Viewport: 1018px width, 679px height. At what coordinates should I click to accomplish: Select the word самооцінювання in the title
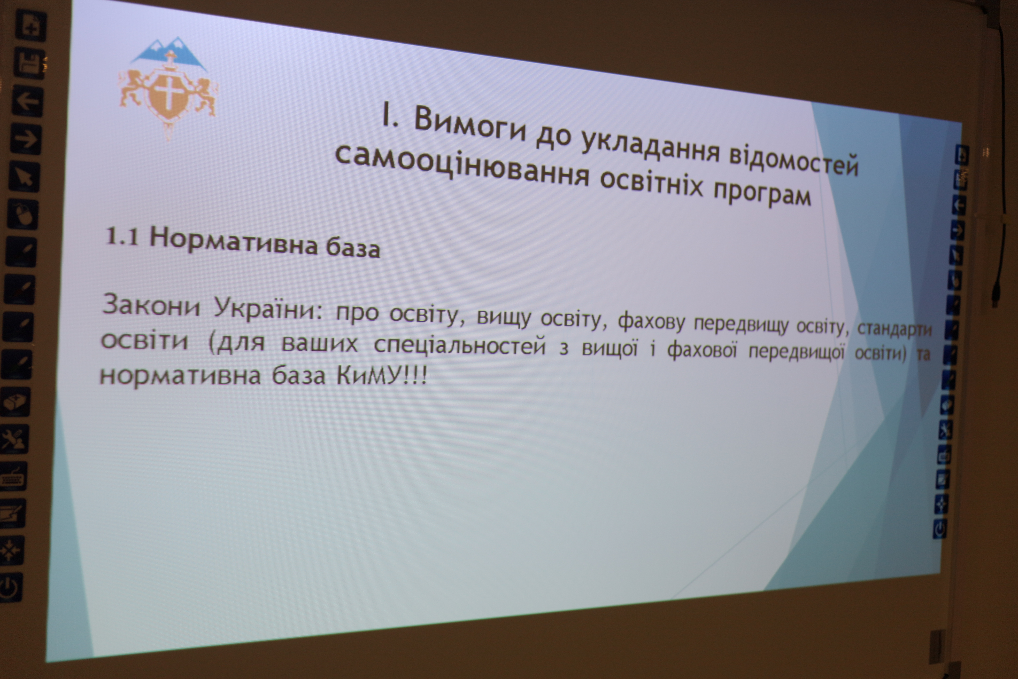(x=462, y=166)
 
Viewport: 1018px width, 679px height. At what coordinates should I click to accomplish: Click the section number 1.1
(x=122, y=237)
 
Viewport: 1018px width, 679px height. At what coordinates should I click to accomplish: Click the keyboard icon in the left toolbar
(x=13, y=476)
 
